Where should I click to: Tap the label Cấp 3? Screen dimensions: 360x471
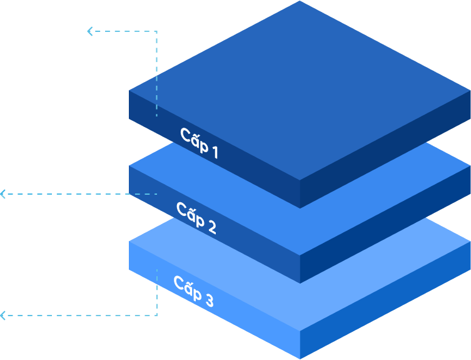pos(193,291)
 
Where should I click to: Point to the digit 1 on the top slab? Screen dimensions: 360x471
pos(215,152)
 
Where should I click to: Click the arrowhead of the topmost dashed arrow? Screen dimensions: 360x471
pos(90,31)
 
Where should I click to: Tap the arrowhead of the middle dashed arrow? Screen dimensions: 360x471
pos(3,194)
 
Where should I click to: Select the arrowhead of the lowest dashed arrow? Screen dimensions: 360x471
pos(3,315)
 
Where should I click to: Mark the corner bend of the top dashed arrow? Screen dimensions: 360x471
pos(156,31)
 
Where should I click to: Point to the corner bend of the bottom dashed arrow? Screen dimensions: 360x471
pos(156,315)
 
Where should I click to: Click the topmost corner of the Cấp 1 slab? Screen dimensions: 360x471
pos(300,2)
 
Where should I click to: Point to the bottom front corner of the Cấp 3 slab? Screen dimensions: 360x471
pos(300,357)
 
